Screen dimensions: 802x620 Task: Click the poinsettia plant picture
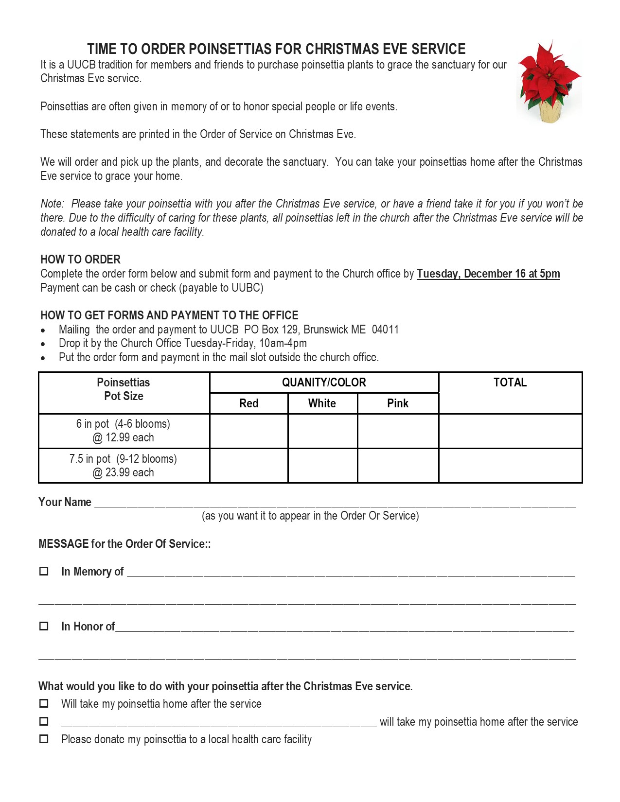click(549, 82)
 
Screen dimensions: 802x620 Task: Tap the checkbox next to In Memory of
click(44, 571)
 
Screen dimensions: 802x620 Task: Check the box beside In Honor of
click(44, 626)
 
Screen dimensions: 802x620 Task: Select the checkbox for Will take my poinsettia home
click(44, 703)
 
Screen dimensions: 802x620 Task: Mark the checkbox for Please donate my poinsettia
click(44, 739)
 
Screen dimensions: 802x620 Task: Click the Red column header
click(248, 403)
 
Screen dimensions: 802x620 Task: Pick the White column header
click(322, 403)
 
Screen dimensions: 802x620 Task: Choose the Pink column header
click(397, 403)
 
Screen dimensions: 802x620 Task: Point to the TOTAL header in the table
click(510, 383)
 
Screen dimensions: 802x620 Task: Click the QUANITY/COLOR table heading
click(324, 383)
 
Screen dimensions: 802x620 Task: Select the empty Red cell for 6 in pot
click(248, 431)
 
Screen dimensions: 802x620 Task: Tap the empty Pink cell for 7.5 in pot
click(397, 466)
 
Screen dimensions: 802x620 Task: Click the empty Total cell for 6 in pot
click(510, 431)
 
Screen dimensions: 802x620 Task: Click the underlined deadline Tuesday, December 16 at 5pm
click(488, 274)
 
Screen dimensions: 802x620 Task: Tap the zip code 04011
click(385, 330)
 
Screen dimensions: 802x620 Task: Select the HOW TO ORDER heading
click(80, 260)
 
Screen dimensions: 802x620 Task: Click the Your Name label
click(65, 502)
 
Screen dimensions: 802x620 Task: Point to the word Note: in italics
click(52, 204)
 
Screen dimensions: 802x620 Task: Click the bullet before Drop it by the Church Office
click(43, 344)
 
